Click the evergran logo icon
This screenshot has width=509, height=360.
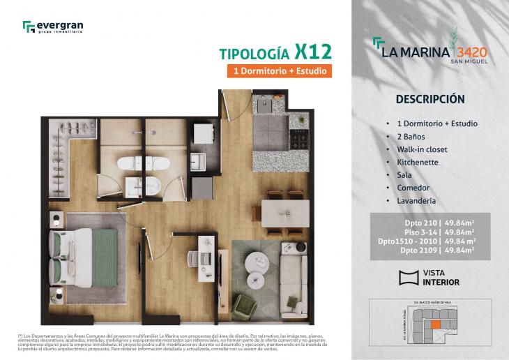tap(28, 27)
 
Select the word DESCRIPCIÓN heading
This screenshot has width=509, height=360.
tap(430, 98)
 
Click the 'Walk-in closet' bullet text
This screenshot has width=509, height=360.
tap(422, 149)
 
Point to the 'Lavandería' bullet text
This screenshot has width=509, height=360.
tap(416, 201)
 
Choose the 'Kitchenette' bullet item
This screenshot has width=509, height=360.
tap(417, 162)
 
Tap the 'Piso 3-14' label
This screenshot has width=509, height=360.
tap(421, 232)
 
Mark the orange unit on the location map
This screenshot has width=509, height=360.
tap(435, 324)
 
